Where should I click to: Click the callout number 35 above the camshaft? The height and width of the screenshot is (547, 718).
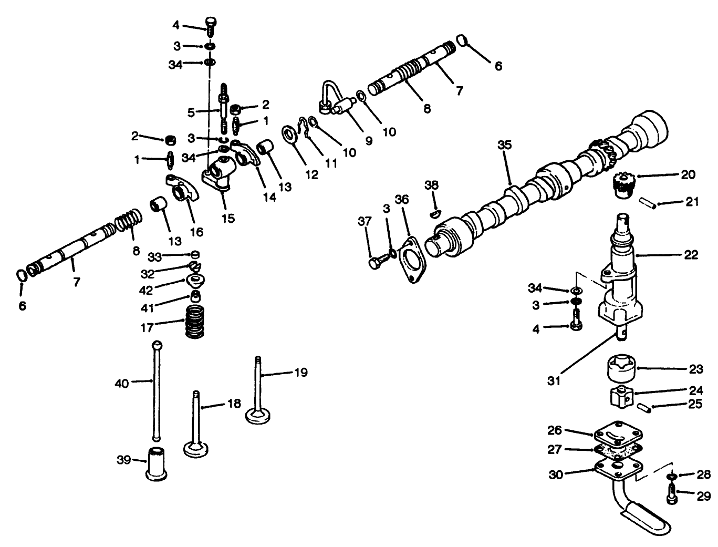tap(504, 145)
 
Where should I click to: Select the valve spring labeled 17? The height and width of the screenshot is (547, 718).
tap(195, 322)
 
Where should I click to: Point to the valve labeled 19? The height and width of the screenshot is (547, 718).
tap(258, 391)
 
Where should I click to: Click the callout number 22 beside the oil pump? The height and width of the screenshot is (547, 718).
tap(691, 255)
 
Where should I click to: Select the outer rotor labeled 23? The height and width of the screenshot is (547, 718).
tap(622, 369)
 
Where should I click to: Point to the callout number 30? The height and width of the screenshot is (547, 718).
tap(556, 474)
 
